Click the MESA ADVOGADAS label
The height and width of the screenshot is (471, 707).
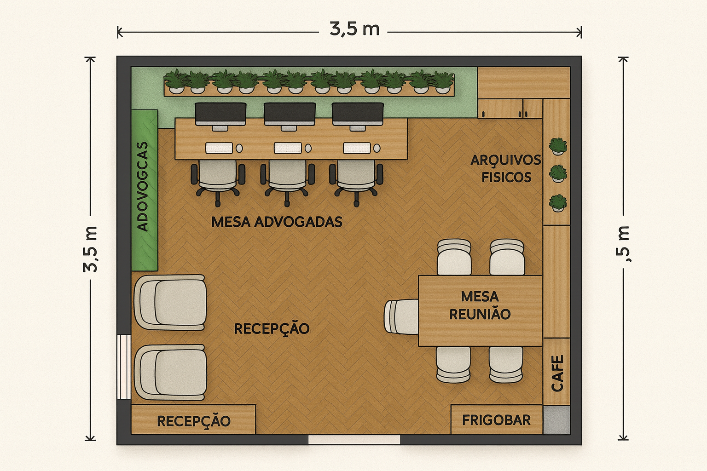tap(277, 222)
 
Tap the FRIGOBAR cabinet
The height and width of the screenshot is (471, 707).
tap(496, 419)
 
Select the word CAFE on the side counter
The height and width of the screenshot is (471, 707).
tap(557, 373)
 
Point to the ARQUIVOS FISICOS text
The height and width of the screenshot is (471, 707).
tap(506, 168)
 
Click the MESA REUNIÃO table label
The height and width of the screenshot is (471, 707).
tap(480, 305)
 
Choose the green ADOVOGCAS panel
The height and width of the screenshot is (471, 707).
tap(145, 190)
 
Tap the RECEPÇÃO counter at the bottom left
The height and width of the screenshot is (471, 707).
tap(193, 420)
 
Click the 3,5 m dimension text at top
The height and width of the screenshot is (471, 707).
tap(354, 29)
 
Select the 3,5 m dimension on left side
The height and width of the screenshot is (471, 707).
tap(91, 249)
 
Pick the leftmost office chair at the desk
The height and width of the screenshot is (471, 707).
tap(218, 180)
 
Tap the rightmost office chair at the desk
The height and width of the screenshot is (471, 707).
tap(356, 180)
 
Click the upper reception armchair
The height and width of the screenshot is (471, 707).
tap(171, 302)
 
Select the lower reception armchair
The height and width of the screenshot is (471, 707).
tap(171, 372)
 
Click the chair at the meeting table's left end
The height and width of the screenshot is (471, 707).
tap(401, 316)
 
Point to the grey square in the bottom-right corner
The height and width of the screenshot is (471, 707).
tap(556, 420)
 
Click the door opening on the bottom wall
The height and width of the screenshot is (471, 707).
tap(354, 440)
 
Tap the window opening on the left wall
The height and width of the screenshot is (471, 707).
tap(124, 367)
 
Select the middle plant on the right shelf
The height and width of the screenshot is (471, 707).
tap(558, 173)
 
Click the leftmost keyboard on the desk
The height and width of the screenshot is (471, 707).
tap(219, 148)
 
